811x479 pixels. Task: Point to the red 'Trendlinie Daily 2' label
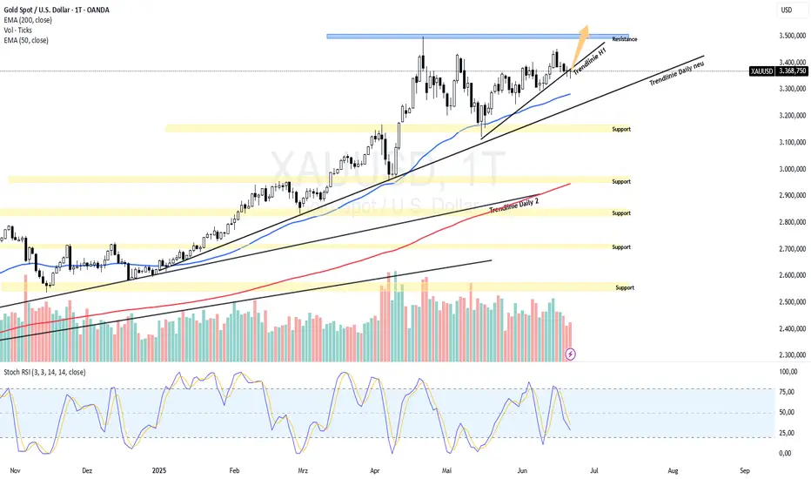coord(514,206)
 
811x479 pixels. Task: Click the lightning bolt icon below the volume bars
coord(570,354)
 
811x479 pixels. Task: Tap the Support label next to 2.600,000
coord(625,287)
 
